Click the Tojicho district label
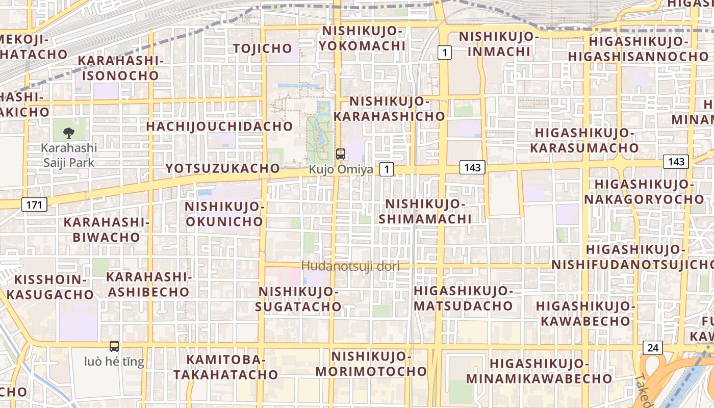[x=263, y=48]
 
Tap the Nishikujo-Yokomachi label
[x=362, y=38]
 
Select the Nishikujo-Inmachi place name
[x=499, y=44]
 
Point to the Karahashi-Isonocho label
[x=121, y=68]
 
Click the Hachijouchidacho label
[x=220, y=126]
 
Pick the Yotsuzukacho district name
[x=223, y=168]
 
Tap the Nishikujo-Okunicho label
[x=224, y=214]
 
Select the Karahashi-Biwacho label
[x=106, y=229]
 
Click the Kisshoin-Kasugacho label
[x=50, y=287]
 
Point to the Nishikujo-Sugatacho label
[x=298, y=299]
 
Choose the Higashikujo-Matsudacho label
[x=463, y=298]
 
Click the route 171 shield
[x=35, y=205]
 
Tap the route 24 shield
[x=652, y=348]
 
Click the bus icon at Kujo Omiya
[x=341, y=154]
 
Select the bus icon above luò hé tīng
[x=114, y=346]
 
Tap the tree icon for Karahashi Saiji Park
[x=68, y=134]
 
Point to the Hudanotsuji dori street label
[x=350, y=266]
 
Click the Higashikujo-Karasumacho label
[x=584, y=141]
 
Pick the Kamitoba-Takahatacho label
[x=226, y=367]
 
